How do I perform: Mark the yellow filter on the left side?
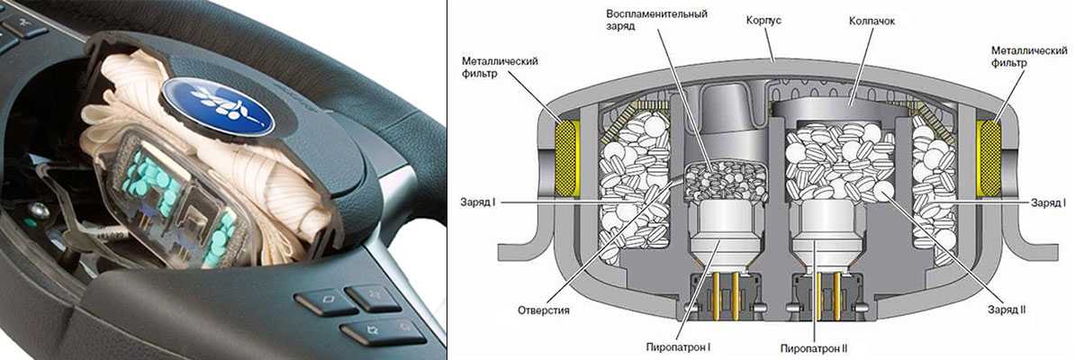click(x=568, y=155)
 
